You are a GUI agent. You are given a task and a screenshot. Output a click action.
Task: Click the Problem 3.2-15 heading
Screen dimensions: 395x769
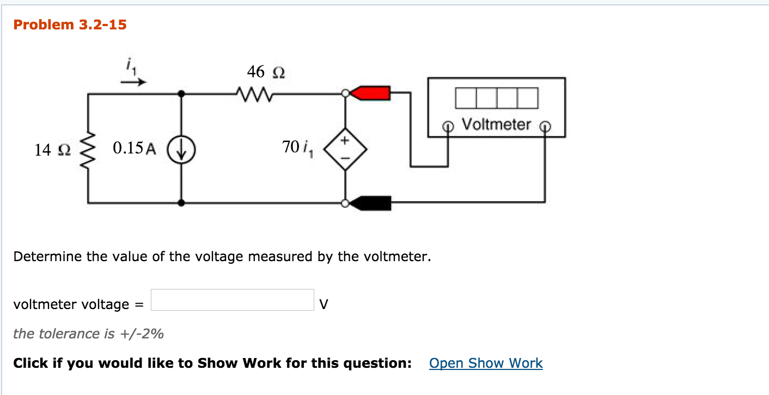(x=70, y=24)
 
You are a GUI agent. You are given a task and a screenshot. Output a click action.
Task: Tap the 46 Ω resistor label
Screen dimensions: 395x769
(x=266, y=72)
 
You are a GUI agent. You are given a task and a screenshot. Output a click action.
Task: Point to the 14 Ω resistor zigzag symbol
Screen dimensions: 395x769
(x=88, y=149)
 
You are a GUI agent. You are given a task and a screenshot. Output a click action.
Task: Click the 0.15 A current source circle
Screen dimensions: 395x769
(x=181, y=149)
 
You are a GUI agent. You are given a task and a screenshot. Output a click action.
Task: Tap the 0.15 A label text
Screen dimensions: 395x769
(x=134, y=149)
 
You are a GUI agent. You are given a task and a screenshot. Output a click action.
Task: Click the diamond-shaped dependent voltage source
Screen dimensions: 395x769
(x=345, y=149)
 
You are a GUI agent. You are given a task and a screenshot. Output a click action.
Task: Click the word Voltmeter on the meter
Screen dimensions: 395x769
(x=496, y=125)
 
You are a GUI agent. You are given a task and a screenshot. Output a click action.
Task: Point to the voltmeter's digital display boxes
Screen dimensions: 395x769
(x=497, y=98)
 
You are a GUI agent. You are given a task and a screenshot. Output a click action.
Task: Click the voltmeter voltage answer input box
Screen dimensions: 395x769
(x=232, y=300)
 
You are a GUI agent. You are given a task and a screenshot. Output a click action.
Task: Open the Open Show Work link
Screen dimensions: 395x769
(x=486, y=363)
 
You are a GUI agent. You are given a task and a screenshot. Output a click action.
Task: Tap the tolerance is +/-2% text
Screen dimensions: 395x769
(x=88, y=334)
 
